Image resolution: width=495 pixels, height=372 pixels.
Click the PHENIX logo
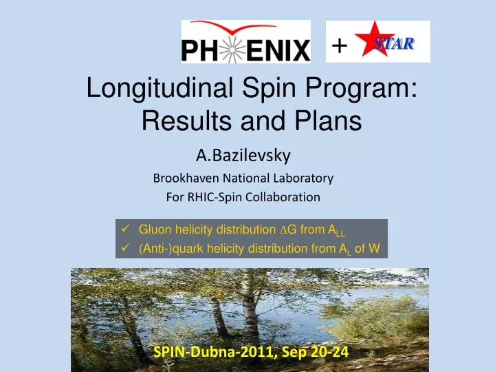[245, 42]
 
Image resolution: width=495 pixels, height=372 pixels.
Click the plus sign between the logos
[338, 45]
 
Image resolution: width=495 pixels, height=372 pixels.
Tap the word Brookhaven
[183, 178]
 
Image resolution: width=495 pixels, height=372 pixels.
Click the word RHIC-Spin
[196, 197]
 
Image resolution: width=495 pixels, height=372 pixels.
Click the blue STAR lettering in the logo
[396, 43]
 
